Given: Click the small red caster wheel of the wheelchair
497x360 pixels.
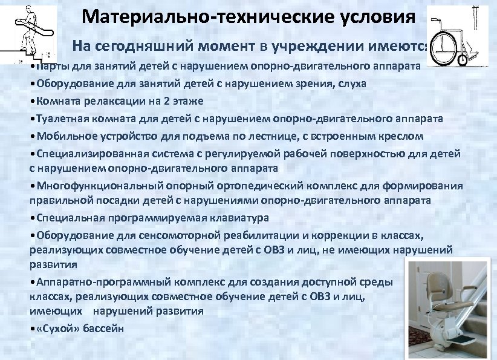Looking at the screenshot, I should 463,60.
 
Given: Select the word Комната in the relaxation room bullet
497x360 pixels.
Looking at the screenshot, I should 57,100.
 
